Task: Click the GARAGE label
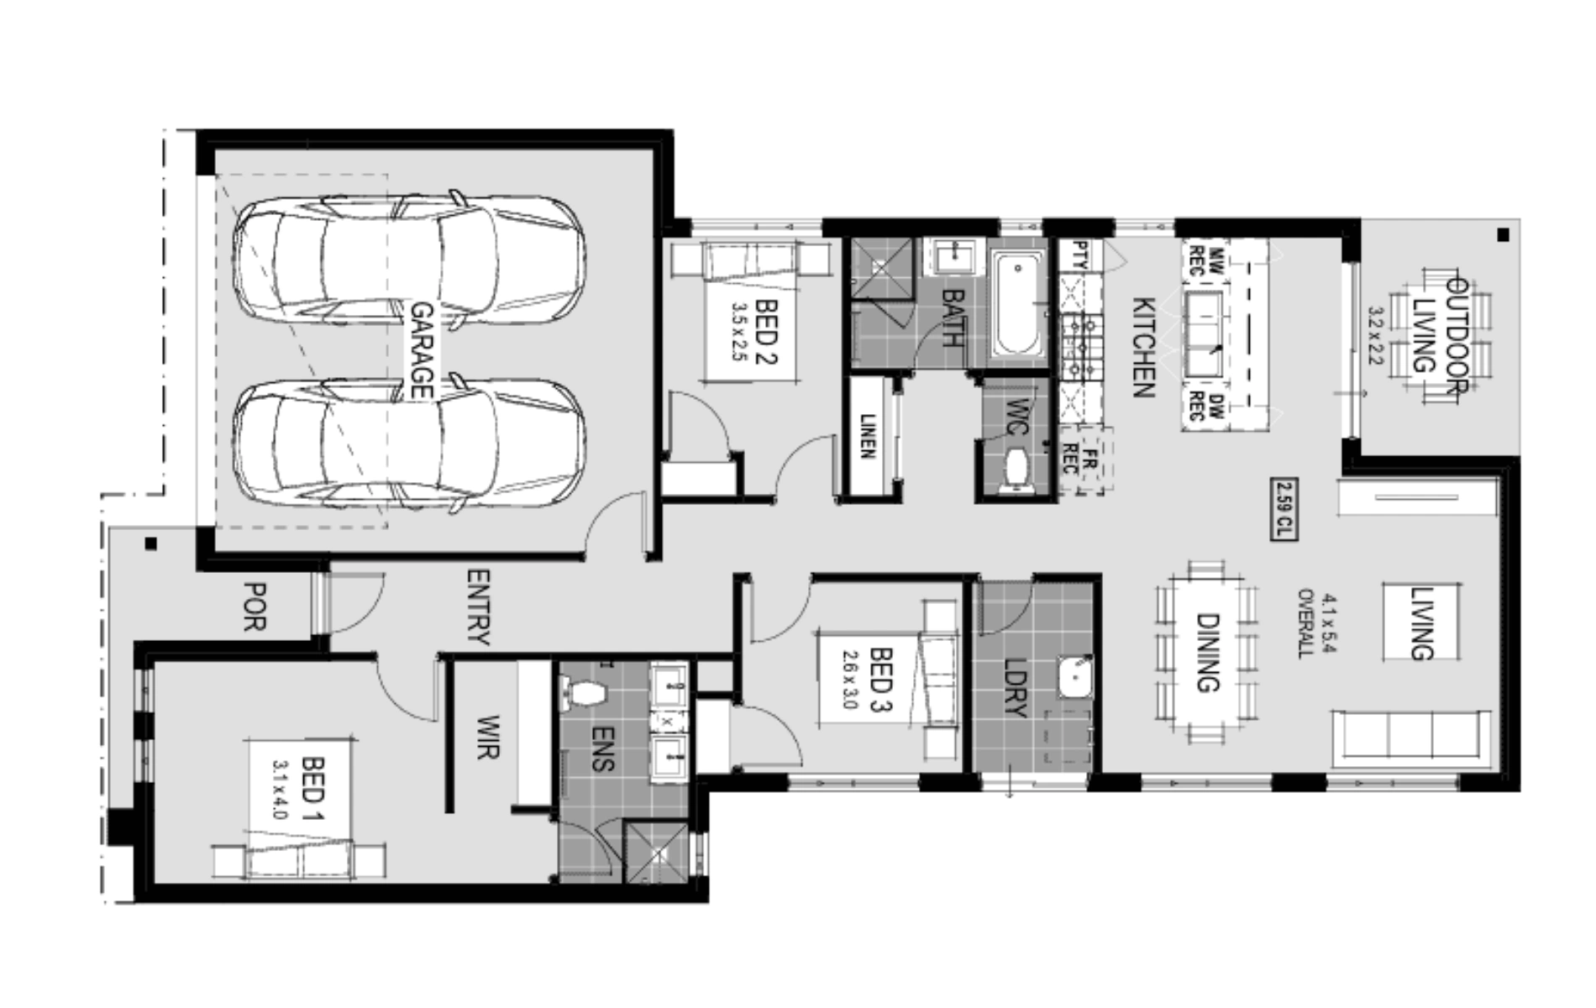click(421, 350)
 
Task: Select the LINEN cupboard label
click(868, 437)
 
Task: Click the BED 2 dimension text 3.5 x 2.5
click(739, 332)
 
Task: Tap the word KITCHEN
click(1144, 347)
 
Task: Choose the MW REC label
click(1206, 260)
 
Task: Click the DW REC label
click(1206, 406)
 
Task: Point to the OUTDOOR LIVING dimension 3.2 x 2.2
click(1375, 335)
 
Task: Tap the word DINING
click(1207, 653)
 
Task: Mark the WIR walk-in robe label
click(488, 738)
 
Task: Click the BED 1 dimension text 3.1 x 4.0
click(281, 790)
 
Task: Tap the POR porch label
click(254, 606)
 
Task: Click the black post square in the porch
click(151, 543)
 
